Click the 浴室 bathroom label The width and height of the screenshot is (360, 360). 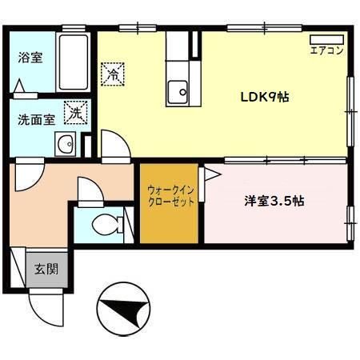tap(31, 58)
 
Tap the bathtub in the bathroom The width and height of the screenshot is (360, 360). tap(74, 63)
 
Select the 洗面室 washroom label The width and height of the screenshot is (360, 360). tap(36, 120)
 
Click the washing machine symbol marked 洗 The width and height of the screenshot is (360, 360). tap(75, 114)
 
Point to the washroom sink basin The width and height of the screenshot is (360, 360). tap(65, 146)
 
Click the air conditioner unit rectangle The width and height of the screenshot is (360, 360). tap(326, 38)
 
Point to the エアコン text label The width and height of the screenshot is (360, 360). tap(326, 50)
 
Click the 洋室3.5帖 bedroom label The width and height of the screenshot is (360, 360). tap(274, 202)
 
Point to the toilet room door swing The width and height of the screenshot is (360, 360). tap(87, 192)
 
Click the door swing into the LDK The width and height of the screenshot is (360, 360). tap(113, 148)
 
